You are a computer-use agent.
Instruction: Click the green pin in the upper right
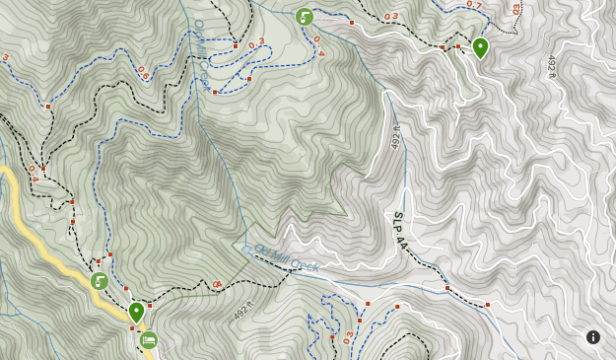(480, 47)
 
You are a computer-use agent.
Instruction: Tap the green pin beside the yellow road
(136, 312)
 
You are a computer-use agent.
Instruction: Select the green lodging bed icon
(148, 340)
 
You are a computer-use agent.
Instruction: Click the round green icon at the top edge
(305, 17)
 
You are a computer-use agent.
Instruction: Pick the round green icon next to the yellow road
(100, 281)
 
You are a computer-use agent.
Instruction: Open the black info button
(593, 337)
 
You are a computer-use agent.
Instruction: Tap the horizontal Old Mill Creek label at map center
(287, 258)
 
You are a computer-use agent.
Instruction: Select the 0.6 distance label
(144, 72)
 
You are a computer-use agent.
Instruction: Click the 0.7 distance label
(474, 6)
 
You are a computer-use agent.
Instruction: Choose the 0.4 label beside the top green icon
(318, 46)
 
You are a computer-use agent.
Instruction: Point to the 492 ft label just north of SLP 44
(397, 138)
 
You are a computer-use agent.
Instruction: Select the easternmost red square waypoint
(487, 305)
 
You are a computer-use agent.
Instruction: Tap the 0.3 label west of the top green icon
(256, 44)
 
